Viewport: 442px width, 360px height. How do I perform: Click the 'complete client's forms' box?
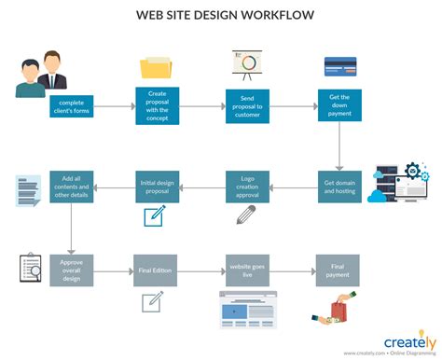click(72, 106)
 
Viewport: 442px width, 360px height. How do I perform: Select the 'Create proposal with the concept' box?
click(157, 106)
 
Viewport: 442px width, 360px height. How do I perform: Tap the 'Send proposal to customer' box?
click(247, 106)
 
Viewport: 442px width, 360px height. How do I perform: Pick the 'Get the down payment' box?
click(338, 106)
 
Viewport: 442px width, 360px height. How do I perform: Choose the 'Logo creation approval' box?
click(247, 187)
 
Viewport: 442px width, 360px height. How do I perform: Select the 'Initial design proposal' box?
click(157, 187)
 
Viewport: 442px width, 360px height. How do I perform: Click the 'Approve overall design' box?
click(72, 270)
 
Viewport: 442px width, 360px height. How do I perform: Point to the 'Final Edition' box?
click(157, 270)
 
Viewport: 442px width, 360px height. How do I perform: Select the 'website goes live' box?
click(247, 270)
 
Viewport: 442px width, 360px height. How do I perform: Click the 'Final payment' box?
click(338, 270)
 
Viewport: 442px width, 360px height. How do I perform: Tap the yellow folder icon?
click(156, 67)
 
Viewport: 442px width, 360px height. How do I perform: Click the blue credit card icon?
click(339, 66)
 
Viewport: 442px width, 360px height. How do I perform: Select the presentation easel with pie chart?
click(247, 63)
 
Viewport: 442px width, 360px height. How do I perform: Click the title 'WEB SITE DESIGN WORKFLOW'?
click(225, 15)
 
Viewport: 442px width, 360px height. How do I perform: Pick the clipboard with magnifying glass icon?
click(29, 269)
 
